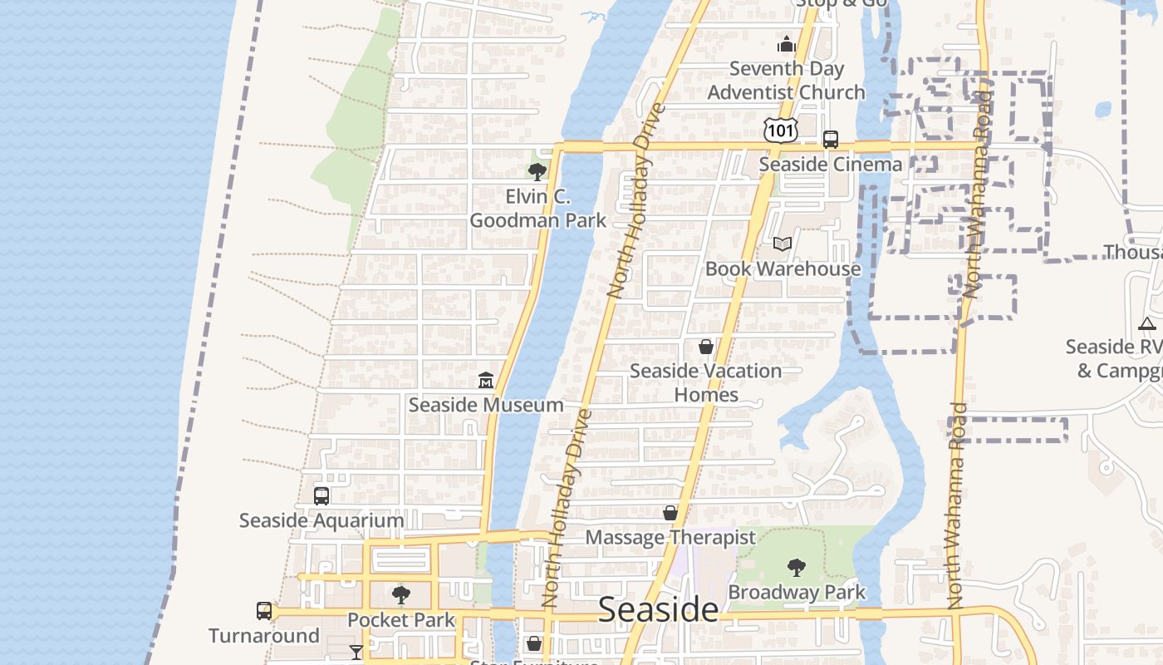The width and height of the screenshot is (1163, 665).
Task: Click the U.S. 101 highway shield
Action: point(780,130)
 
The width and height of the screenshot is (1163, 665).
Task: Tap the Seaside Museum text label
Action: point(486,405)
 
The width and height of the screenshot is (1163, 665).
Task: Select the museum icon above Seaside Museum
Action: point(486,381)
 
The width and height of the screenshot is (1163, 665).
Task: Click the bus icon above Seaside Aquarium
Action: point(321,495)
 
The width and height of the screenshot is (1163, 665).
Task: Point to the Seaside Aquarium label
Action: point(321,520)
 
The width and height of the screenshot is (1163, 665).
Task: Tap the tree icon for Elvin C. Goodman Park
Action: point(537,172)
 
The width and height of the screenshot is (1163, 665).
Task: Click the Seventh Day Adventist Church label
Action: point(786,81)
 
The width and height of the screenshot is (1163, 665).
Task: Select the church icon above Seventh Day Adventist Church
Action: point(786,44)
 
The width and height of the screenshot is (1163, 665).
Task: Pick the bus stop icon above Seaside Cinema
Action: point(830,140)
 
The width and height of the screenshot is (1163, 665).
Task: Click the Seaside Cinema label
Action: point(830,165)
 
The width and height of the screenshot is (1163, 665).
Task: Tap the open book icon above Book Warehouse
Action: point(783,244)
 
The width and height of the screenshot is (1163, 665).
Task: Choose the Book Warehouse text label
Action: point(783,268)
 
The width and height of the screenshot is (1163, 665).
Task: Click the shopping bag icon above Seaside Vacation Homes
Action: point(705,346)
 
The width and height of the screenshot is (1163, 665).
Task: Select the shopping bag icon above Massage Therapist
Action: point(670,513)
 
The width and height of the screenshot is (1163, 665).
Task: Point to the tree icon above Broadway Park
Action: point(797,568)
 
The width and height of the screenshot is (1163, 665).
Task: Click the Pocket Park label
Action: point(401,620)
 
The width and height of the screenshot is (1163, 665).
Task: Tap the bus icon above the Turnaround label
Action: point(264,611)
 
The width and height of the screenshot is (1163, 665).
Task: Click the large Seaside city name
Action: point(658,609)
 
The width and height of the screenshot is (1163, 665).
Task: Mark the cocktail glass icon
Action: point(356,653)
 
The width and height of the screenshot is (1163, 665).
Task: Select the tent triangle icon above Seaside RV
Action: point(1147,323)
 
